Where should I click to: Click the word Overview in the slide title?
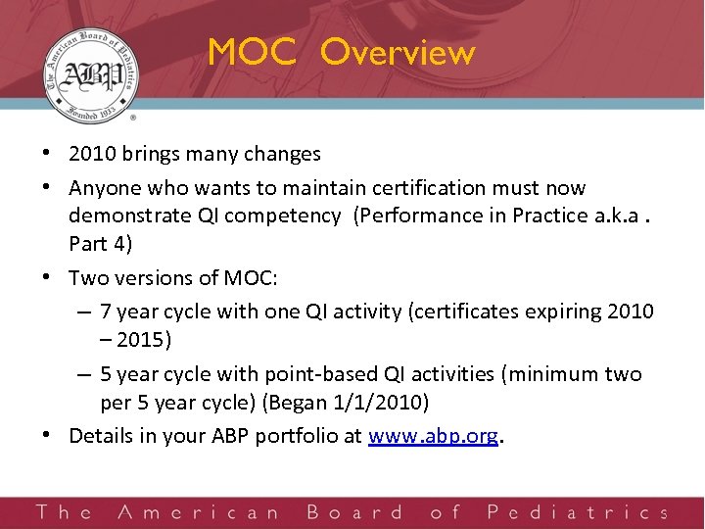coord(398,53)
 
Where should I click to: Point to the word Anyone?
coord(102,187)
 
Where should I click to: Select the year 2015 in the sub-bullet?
coord(143,341)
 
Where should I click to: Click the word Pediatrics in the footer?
coord(576,512)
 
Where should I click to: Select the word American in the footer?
coord(199,512)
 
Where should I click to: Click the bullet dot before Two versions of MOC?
coord(49,278)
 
